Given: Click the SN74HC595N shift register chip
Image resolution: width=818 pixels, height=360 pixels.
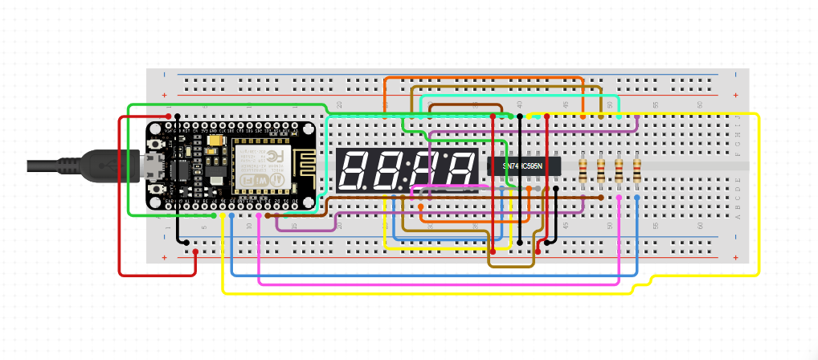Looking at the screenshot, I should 523,166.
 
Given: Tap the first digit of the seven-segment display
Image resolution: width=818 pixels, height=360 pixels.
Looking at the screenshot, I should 354,170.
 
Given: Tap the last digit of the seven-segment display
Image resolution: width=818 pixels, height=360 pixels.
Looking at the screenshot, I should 460,170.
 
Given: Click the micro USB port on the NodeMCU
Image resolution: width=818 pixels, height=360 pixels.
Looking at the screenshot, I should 149,166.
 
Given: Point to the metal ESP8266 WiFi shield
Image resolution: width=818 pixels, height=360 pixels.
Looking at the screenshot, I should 258,167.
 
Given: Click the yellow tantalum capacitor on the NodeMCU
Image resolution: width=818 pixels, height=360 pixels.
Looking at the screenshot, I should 215,141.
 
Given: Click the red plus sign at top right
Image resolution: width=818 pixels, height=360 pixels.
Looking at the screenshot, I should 738,95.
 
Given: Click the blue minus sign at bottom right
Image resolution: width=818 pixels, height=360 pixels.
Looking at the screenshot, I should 738,237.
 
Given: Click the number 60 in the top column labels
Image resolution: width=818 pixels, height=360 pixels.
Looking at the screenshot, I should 699,104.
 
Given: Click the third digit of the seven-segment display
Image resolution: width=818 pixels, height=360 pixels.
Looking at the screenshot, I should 429,170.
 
